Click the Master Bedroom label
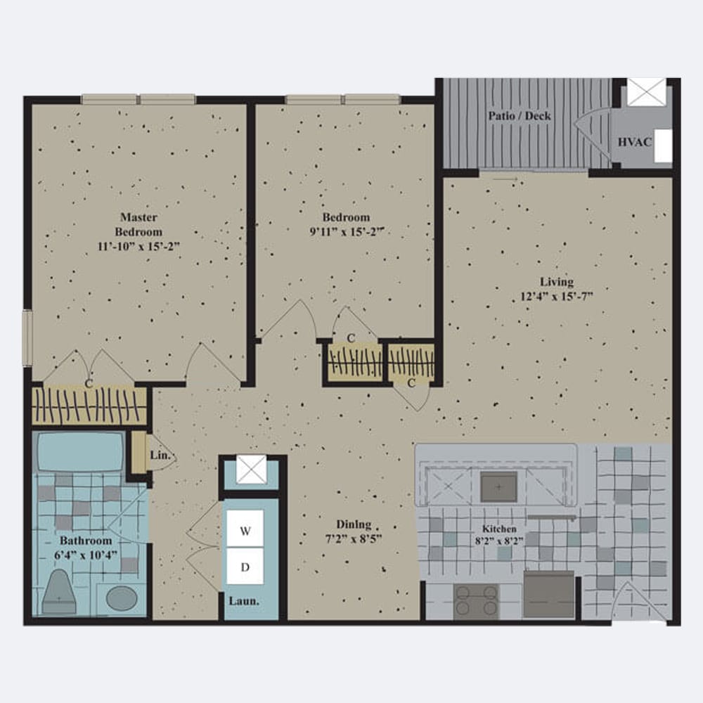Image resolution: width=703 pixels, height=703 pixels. (138, 224)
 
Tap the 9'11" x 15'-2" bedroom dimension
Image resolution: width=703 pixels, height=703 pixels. (347, 232)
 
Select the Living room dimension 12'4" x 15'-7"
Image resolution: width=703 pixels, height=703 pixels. (556, 297)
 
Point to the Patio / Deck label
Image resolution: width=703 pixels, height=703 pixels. (520, 116)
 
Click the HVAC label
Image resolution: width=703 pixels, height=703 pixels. (634, 142)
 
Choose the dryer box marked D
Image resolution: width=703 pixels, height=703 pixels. (245, 566)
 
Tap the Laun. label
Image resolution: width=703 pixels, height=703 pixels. (244, 601)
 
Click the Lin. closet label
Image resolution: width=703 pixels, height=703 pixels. (160, 455)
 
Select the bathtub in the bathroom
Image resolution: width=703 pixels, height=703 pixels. (80, 451)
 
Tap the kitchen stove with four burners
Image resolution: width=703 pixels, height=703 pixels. (476, 602)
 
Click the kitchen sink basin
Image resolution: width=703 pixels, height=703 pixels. (498, 487)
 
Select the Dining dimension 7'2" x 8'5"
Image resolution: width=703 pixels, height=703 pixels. (354, 538)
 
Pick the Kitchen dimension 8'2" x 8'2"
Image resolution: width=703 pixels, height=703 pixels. (499, 541)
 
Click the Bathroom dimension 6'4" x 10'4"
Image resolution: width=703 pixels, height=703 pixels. (86, 555)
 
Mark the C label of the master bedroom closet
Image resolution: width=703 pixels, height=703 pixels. (89, 383)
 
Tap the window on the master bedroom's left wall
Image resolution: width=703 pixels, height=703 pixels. (27, 338)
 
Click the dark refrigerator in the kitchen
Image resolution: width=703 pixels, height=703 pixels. (549, 595)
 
